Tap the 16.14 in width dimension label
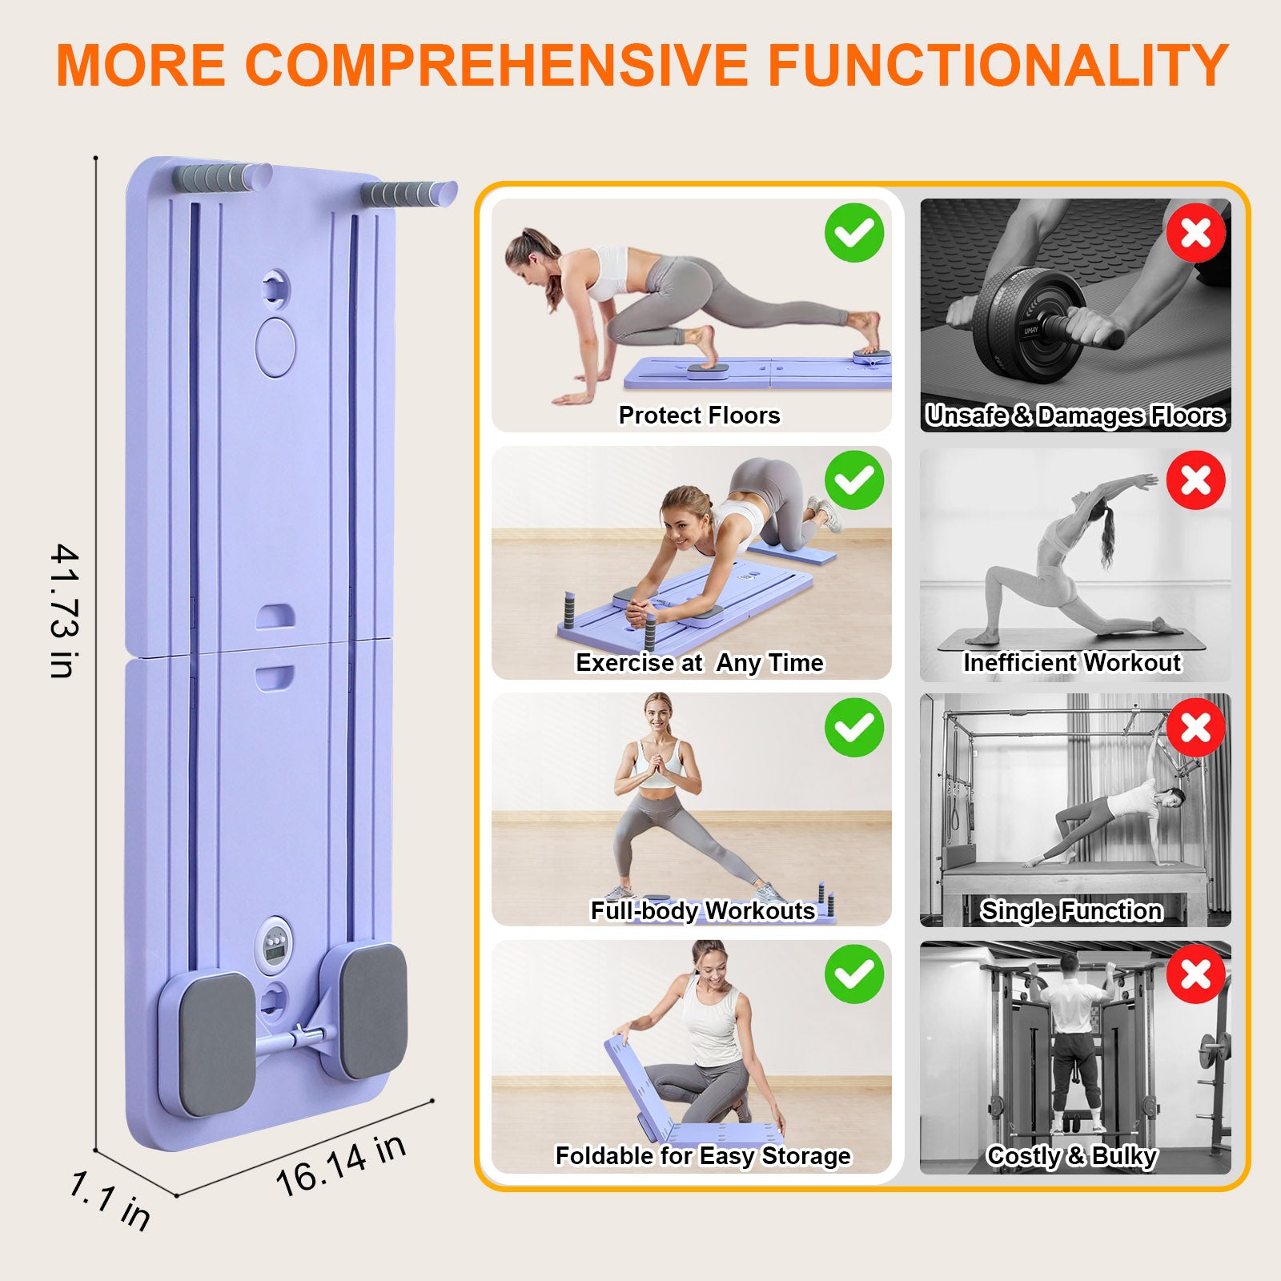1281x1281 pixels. tap(341, 1166)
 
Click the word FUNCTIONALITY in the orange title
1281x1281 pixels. tap(998, 66)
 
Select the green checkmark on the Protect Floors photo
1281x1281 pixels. tap(854, 233)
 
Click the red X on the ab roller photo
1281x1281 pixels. tap(1195, 233)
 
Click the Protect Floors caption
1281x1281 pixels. tap(699, 415)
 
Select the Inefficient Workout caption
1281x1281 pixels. tap(1072, 663)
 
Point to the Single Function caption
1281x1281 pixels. tap(1071, 910)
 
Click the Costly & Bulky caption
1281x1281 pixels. tap(1072, 1156)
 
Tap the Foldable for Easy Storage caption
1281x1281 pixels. tap(703, 1156)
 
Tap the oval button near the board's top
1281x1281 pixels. tap(275, 347)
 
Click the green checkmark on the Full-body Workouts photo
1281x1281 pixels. tap(854, 727)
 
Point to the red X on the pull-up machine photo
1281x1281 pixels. tap(1195, 974)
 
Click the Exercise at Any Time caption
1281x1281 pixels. tap(699, 663)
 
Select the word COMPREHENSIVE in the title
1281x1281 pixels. tap(496, 66)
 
